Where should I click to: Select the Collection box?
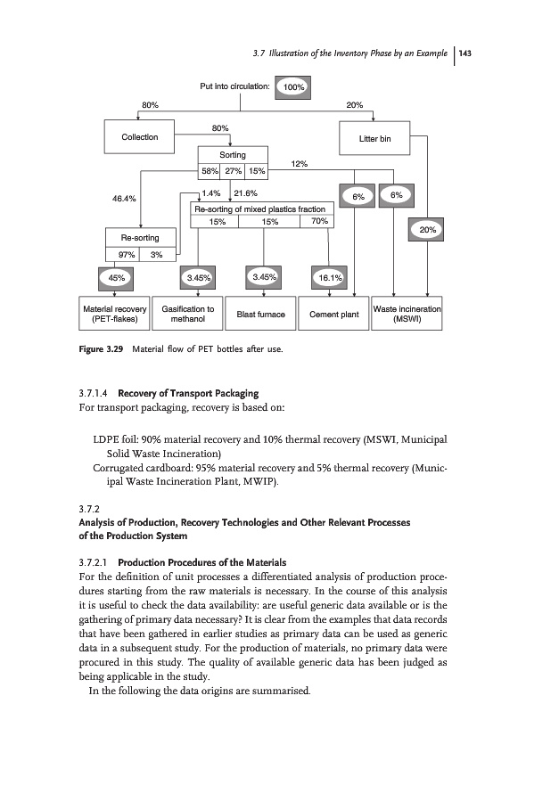coord(140,137)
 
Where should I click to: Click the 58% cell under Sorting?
coord(210,171)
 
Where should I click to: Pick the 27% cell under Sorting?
coord(234,171)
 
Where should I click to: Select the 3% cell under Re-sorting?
coord(157,254)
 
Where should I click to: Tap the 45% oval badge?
coord(116,277)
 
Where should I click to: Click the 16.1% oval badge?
coord(332,278)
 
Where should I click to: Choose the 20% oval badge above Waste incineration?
coord(427,230)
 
